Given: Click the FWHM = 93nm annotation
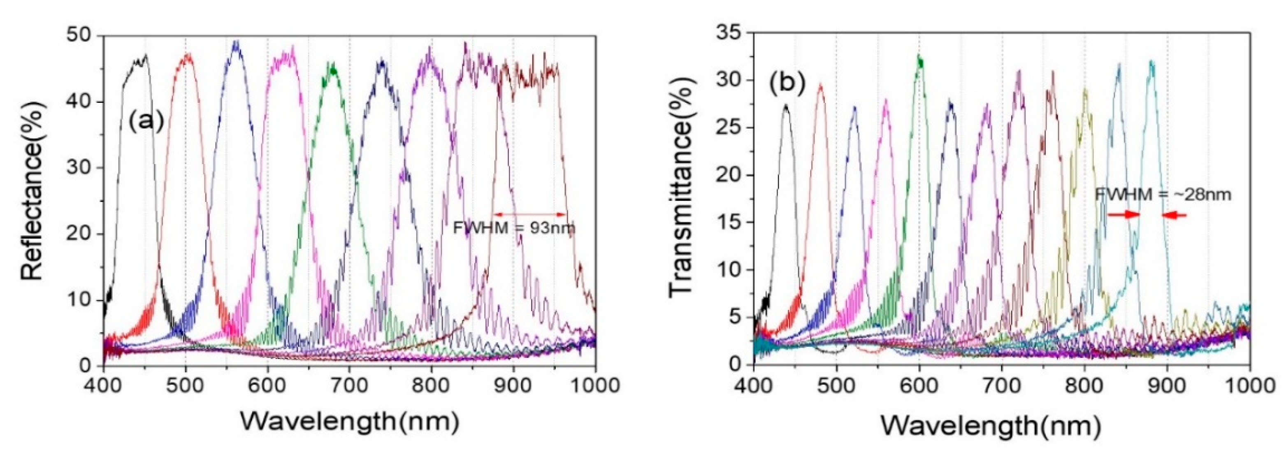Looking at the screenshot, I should pos(514,228).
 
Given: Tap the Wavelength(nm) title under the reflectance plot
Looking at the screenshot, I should pos(349,422).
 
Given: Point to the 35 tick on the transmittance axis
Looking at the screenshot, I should pos(729,33).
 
